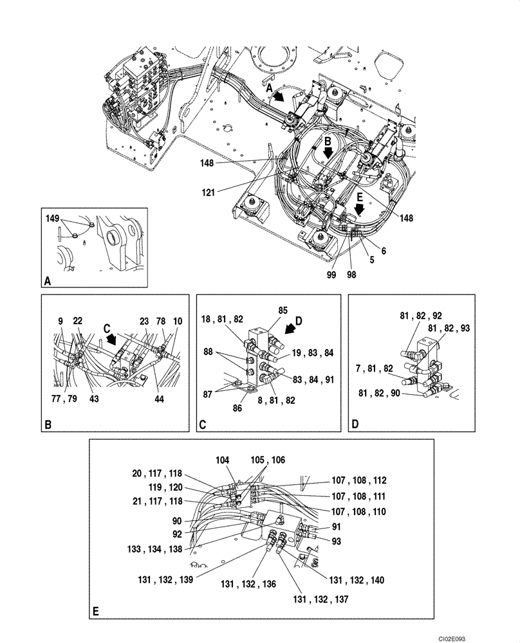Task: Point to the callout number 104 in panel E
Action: (223, 460)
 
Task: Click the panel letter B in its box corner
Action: (46, 425)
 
